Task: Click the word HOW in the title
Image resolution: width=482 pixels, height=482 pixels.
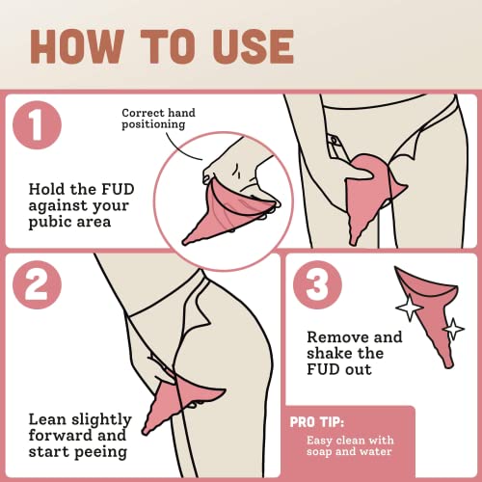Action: point(77,46)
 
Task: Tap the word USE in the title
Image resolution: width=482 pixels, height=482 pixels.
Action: point(253,46)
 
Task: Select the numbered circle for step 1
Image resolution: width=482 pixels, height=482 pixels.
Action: point(37,124)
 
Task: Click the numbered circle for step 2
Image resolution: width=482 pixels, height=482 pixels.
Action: point(37,284)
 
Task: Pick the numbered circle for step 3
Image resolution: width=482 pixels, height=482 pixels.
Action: point(317,284)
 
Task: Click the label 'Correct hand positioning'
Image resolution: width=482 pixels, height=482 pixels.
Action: point(158,119)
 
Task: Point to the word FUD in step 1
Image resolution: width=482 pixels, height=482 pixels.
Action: point(118,189)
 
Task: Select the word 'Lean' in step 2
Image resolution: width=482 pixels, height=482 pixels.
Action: point(47,419)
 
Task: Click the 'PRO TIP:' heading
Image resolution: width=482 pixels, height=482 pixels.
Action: point(316,422)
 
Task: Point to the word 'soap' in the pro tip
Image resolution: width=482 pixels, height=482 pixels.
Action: point(319,452)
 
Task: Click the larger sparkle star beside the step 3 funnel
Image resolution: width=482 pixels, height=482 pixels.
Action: point(409,308)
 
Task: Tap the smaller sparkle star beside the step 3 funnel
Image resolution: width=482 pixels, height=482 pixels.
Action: point(453,329)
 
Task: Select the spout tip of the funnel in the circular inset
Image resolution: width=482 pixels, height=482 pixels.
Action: point(185,242)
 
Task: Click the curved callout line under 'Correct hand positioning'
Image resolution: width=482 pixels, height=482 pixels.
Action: point(181,149)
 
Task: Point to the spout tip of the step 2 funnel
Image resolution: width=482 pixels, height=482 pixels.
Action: point(145,431)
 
